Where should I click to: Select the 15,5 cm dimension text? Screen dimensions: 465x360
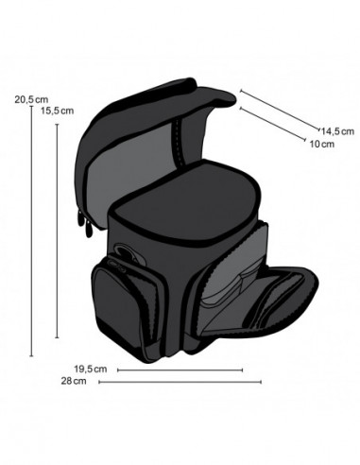click(x=57, y=110)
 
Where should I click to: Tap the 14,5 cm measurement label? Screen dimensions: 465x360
click(x=336, y=130)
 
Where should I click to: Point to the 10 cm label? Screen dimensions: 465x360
click(x=321, y=145)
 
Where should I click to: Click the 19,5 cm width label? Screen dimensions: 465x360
click(x=90, y=369)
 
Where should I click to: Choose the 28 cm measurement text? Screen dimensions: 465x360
click(x=74, y=382)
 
